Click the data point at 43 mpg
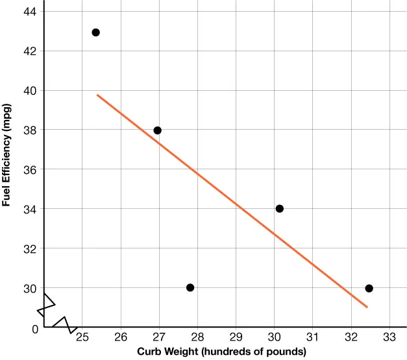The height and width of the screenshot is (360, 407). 95,32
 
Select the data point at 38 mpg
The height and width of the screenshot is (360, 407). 157,130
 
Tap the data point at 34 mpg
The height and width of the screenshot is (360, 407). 279,208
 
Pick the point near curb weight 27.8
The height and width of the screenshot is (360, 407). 190,287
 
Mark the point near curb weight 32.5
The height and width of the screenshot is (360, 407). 369,288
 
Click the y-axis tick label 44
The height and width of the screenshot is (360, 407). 31,12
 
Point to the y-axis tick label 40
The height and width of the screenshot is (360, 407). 31,90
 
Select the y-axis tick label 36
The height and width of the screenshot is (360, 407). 31,169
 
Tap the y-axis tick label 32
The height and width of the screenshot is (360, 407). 31,248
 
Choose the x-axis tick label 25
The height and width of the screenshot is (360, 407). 82,337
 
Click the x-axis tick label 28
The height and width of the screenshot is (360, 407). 197,337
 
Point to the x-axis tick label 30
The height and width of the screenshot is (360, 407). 274,337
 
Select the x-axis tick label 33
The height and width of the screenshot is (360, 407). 389,337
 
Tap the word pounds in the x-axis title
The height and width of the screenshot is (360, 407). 281,352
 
